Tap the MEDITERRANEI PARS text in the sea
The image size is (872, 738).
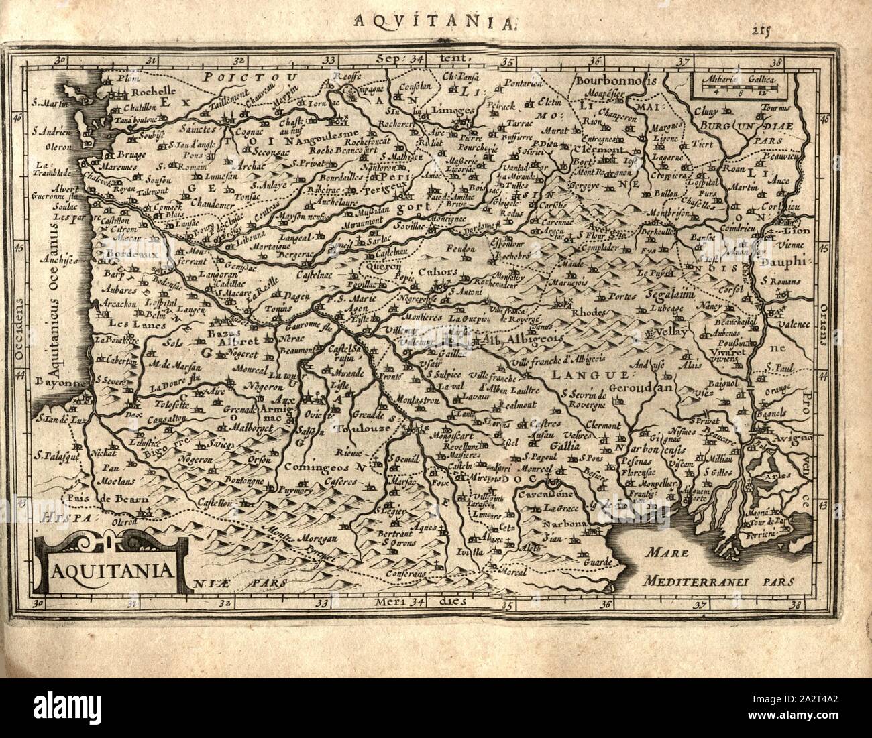coord(715,581)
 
